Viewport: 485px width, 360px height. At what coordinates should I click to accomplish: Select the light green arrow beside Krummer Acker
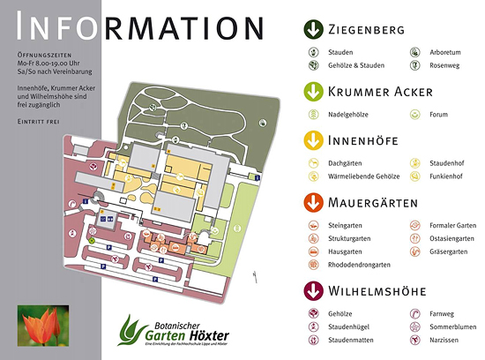click(x=311, y=91)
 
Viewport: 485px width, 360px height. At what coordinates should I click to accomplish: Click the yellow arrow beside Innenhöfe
click(x=311, y=141)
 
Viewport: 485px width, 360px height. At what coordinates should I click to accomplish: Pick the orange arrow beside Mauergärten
click(x=311, y=203)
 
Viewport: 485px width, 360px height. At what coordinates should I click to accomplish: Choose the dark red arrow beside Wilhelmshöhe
click(x=311, y=290)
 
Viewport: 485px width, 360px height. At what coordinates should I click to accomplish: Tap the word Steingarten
click(x=346, y=226)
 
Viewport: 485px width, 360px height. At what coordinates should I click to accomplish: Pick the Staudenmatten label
click(x=351, y=338)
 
